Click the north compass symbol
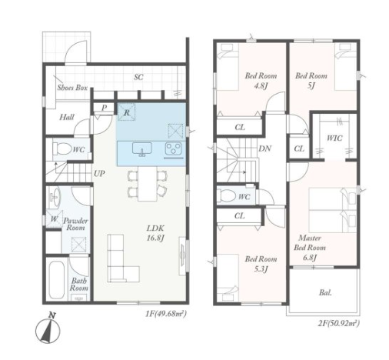point(48,329)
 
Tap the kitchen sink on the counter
point(142,149)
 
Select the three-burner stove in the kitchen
point(174,148)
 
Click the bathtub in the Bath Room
point(56,280)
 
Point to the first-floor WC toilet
point(62,148)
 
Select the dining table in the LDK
point(148,183)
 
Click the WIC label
point(334,138)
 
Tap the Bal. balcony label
point(325,292)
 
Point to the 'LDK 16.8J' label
point(155,233)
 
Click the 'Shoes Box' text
point(72,88)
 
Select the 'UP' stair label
point(99,174)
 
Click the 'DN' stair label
point(265,148)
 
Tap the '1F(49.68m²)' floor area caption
point(165,313)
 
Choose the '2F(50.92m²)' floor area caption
point(339,324)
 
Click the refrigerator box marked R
point(127,112)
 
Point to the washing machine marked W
point(55,219)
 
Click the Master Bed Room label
point(310,248)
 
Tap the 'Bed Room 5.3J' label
point(261,264)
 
